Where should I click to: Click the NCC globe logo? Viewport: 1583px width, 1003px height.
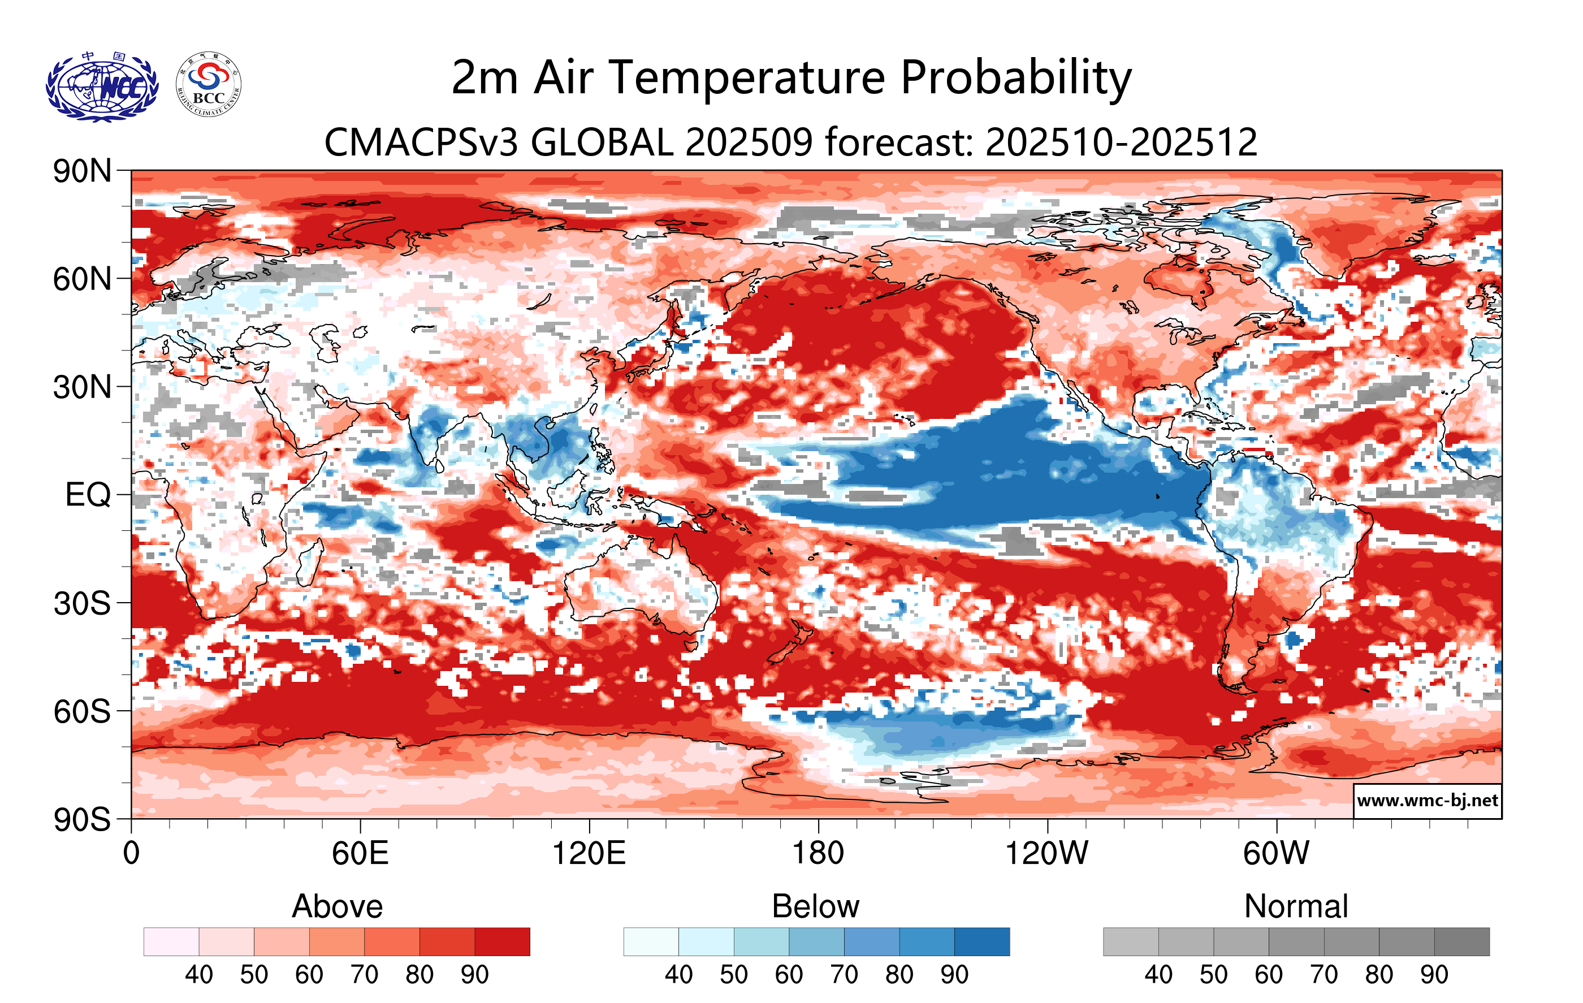(x=102, y=87)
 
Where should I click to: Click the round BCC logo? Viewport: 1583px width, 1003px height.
(x=209, y=85)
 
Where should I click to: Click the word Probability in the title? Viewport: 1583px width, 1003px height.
(x=1016, y=78)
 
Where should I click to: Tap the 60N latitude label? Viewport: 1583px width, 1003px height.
(x=81, y=279)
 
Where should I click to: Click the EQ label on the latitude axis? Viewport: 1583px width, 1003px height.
(x=88, y=495)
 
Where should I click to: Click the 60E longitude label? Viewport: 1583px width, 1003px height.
(x=360, y=854)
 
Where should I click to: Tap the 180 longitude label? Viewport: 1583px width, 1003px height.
(x=818, y=854)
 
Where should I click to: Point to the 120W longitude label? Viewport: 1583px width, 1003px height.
(x=1046, y=854)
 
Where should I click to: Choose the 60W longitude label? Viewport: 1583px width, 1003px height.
(x=1276, y=854)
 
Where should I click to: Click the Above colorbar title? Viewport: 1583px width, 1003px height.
(x=338, y=906)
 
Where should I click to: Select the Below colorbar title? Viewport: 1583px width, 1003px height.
(x=815, y=906)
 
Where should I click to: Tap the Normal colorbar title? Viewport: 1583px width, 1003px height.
(x=1296, y=906)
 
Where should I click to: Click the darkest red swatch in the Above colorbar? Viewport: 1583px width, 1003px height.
(x=502, y=942)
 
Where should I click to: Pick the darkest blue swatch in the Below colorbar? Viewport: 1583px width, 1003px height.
(x=981, y=942)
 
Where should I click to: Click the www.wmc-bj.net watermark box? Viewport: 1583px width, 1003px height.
(x=1427, y=801)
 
